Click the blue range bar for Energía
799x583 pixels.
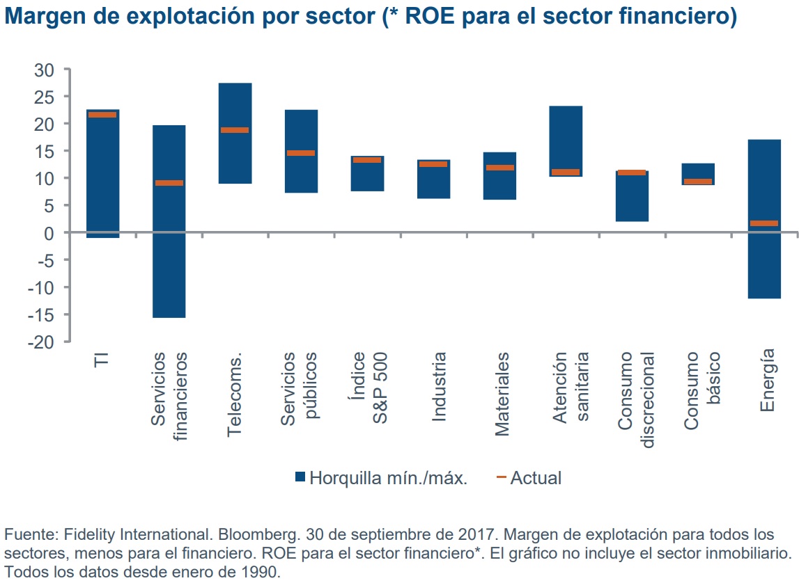coord(764,264)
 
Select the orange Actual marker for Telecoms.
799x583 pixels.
coord(235,130)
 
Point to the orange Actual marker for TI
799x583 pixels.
coord(102,115)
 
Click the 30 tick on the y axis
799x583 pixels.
coord(44,70)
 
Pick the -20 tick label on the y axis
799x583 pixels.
coord(40,342)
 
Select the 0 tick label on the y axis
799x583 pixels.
coord(48,233)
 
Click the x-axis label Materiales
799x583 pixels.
coord(502,394)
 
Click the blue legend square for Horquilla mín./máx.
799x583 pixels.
coord(300,477)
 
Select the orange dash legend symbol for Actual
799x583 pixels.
coord(500,477)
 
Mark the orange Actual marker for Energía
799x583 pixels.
coord(764,223)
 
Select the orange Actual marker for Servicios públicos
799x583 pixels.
coord(301,153)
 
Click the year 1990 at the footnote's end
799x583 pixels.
coord(265,572)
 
